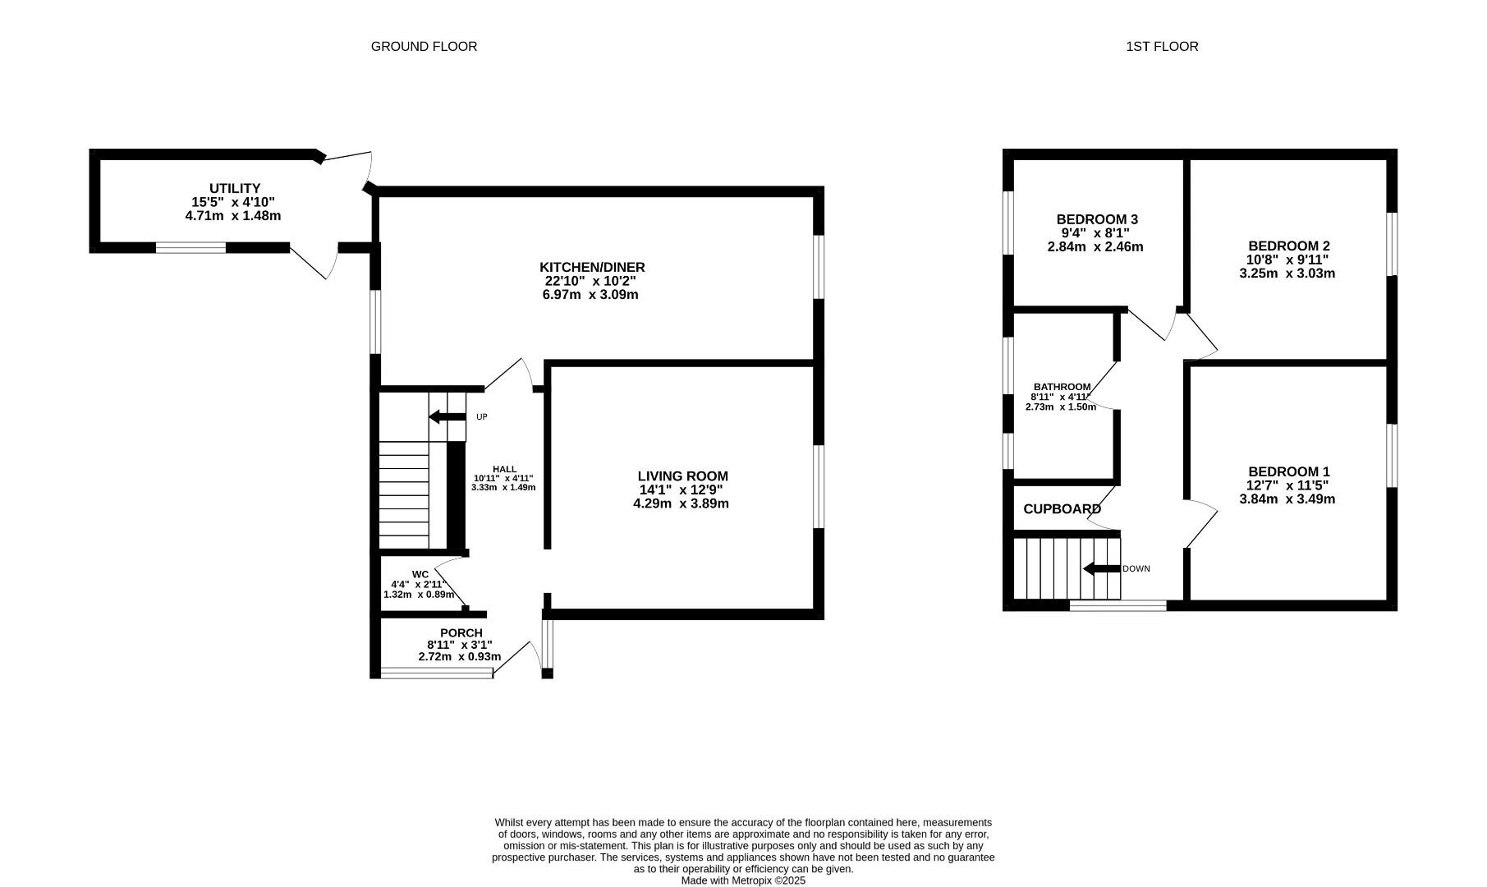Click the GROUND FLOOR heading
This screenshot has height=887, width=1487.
pyautogui.click(x=424, y=47)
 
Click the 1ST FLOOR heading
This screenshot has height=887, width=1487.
pyautogui.click(x=1162, y=47)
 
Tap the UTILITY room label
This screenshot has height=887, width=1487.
pyautogui.click(x=234, y=189)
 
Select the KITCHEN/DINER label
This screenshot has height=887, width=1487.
pyautogui.click(x=592, y=268)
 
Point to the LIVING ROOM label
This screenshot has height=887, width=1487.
pyautogui.click(x=682, y=476)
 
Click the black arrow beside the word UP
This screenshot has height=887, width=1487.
pyautogui.click(x=447, y=417)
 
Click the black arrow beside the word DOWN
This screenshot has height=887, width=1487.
pyautogui.click(x=1101, y=568)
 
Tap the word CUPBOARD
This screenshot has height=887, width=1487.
pyautogui.click(x=1062, y=509)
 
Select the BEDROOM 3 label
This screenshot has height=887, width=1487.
pyautogui.click(x=1096, y=220)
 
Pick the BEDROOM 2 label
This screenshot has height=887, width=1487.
pyautogui.click(x=1288, y=246)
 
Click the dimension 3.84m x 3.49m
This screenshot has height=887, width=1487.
pyautogui.click(x=1287, y=499)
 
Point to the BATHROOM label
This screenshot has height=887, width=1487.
pyautogui.click(x=1062, y=387)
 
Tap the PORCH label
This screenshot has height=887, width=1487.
pyautogui.click(x=461, y=633)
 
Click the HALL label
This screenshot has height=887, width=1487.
pyautogui.click(x=504, y=469)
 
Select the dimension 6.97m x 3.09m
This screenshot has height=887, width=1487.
pyautogui.click(x=590, y=295)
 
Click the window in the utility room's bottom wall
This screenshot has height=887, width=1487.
pyautogui.click(x=190, y=247)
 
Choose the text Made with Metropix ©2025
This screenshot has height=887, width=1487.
pyautogui.click(x=743, y=880)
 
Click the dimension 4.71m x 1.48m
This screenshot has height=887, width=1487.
pyautogui.click(x=233, y=216)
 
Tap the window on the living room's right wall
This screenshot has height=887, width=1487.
pyautogui.click(x=818, y=486)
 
